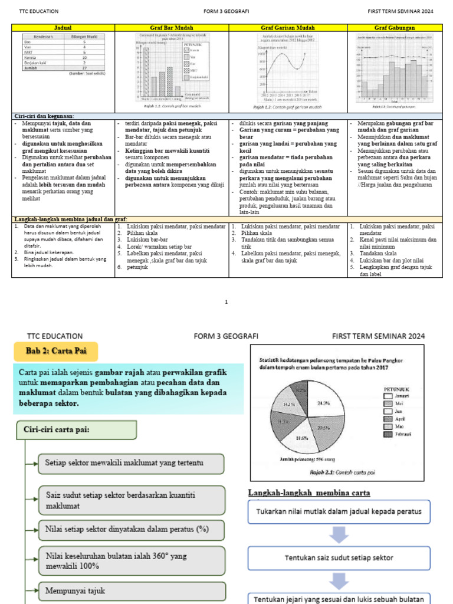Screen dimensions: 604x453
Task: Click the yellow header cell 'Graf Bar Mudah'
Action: (x=171, y=28)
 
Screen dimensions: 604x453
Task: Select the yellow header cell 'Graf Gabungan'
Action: (x=395, y=28)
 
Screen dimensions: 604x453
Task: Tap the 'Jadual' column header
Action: (x=63, y=28)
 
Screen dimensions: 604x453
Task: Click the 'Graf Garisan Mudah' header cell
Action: (x=288, y=28)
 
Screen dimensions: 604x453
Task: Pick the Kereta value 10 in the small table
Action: (x=84, y=58)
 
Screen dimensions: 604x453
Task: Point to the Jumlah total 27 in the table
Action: (x=84, y=68)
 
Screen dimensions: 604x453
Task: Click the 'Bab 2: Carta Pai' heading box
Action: (x=56, y=352)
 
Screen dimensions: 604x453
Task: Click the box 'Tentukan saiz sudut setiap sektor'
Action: (x=339, y=557)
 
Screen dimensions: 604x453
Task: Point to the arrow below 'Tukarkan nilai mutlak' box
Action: (x=339, y=534)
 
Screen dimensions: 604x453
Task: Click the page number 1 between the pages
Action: (x=226, y=301)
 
